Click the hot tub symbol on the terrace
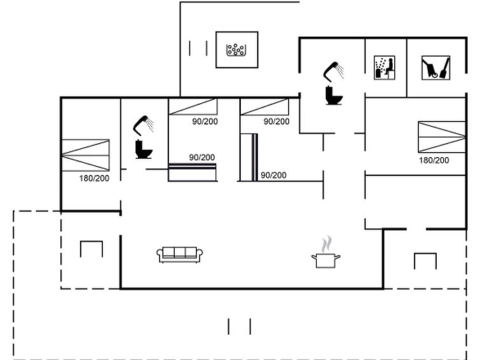(x=237, y=50)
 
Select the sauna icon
(x=384, y=67)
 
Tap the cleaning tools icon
(x=435, y=67)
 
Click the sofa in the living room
(x=180, y=254)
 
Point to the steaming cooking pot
(x=326, y=252)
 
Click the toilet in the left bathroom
(x=144, y=149)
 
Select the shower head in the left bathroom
(x=143, y=125)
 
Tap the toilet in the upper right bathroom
(x=334, y=95)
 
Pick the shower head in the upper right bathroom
(x=334, y=71)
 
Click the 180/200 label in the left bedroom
(x=94, y=178)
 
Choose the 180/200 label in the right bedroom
(x=434, y=160)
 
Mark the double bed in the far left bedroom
(x=85, y=155)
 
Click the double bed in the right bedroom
(x=442, y=137)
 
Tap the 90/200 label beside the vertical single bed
(x=273, y=176)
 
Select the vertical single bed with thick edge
(x=249, y=157)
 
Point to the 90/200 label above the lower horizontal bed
(x=202, y=158)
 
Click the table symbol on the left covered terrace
(x=91, y=249)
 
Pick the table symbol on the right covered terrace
(x=425, y=261)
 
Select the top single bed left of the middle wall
(x=193, y=107)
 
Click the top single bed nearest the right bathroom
(x=264, y=107)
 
